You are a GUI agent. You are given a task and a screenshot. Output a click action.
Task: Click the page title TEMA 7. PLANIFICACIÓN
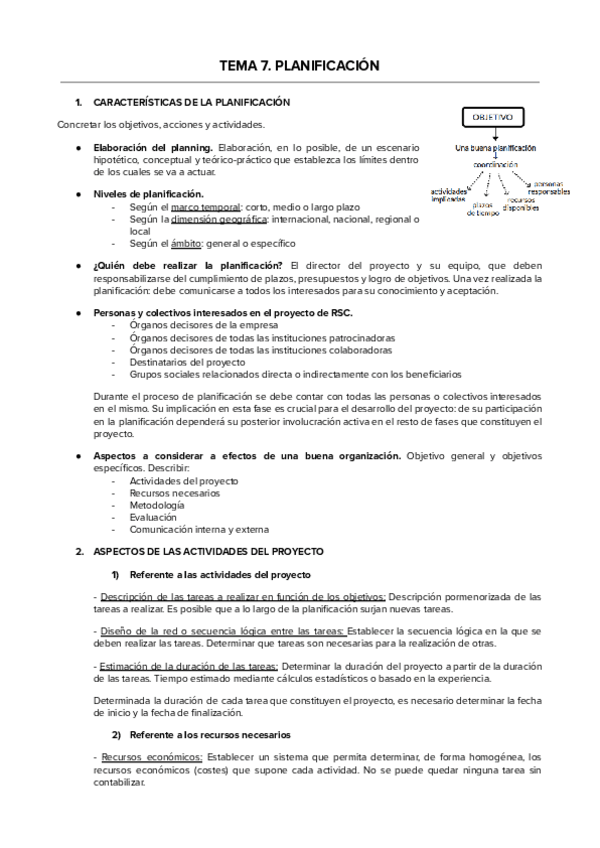click(300, 66)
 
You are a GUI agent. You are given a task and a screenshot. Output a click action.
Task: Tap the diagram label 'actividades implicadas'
click(449, 195)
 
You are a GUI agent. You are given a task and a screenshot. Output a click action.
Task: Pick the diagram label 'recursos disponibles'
click(524, 203)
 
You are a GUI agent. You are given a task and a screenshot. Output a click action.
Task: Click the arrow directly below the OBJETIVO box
click(489, 135)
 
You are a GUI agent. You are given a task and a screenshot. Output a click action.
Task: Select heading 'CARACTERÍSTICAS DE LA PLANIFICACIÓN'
click(191, 103)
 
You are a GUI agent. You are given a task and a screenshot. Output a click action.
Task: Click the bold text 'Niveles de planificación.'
click(149, 194)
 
